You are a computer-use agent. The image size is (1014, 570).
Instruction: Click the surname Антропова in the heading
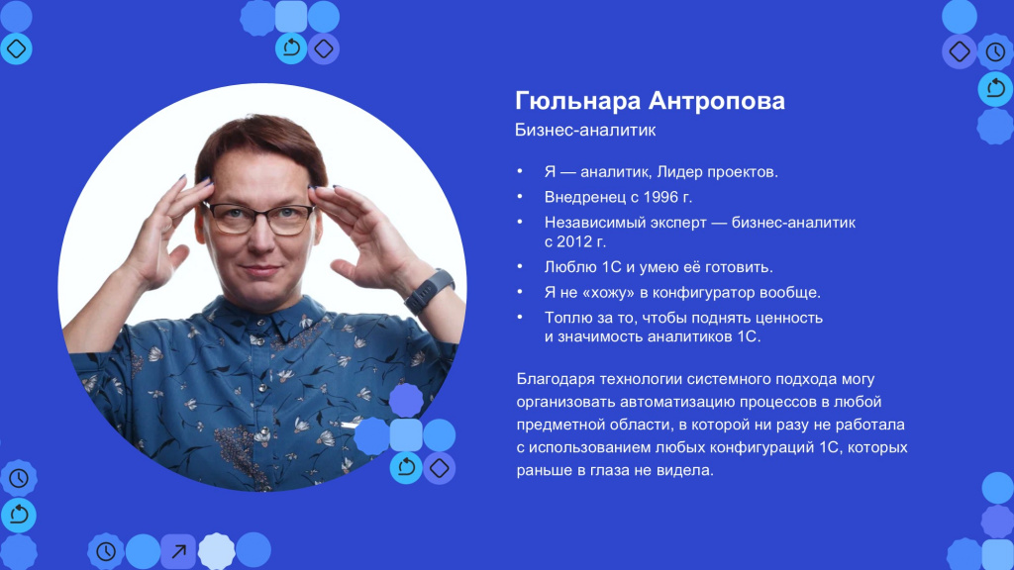[717, 102]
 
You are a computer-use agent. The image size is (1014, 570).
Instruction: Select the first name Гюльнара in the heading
[577, 102]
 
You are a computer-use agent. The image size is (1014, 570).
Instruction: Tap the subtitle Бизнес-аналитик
[585, 130]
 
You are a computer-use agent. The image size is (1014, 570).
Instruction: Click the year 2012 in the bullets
[574, 241]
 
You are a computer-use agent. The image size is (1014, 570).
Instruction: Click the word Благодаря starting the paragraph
[556, 379]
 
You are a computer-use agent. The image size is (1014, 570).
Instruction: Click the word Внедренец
[585, 197]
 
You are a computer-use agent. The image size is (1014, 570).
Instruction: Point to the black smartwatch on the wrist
[430, 290]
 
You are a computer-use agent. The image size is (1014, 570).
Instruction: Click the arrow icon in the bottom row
[178, 551]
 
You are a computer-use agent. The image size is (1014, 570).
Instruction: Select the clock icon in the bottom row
[106, 551]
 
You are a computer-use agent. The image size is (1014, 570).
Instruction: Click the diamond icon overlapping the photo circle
[439, 468]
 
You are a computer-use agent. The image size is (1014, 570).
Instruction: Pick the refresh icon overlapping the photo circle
[406, 467]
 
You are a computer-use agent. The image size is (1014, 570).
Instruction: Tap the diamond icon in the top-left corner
[16, 48]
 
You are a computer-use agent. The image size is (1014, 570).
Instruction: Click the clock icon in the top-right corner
[996, 51]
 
